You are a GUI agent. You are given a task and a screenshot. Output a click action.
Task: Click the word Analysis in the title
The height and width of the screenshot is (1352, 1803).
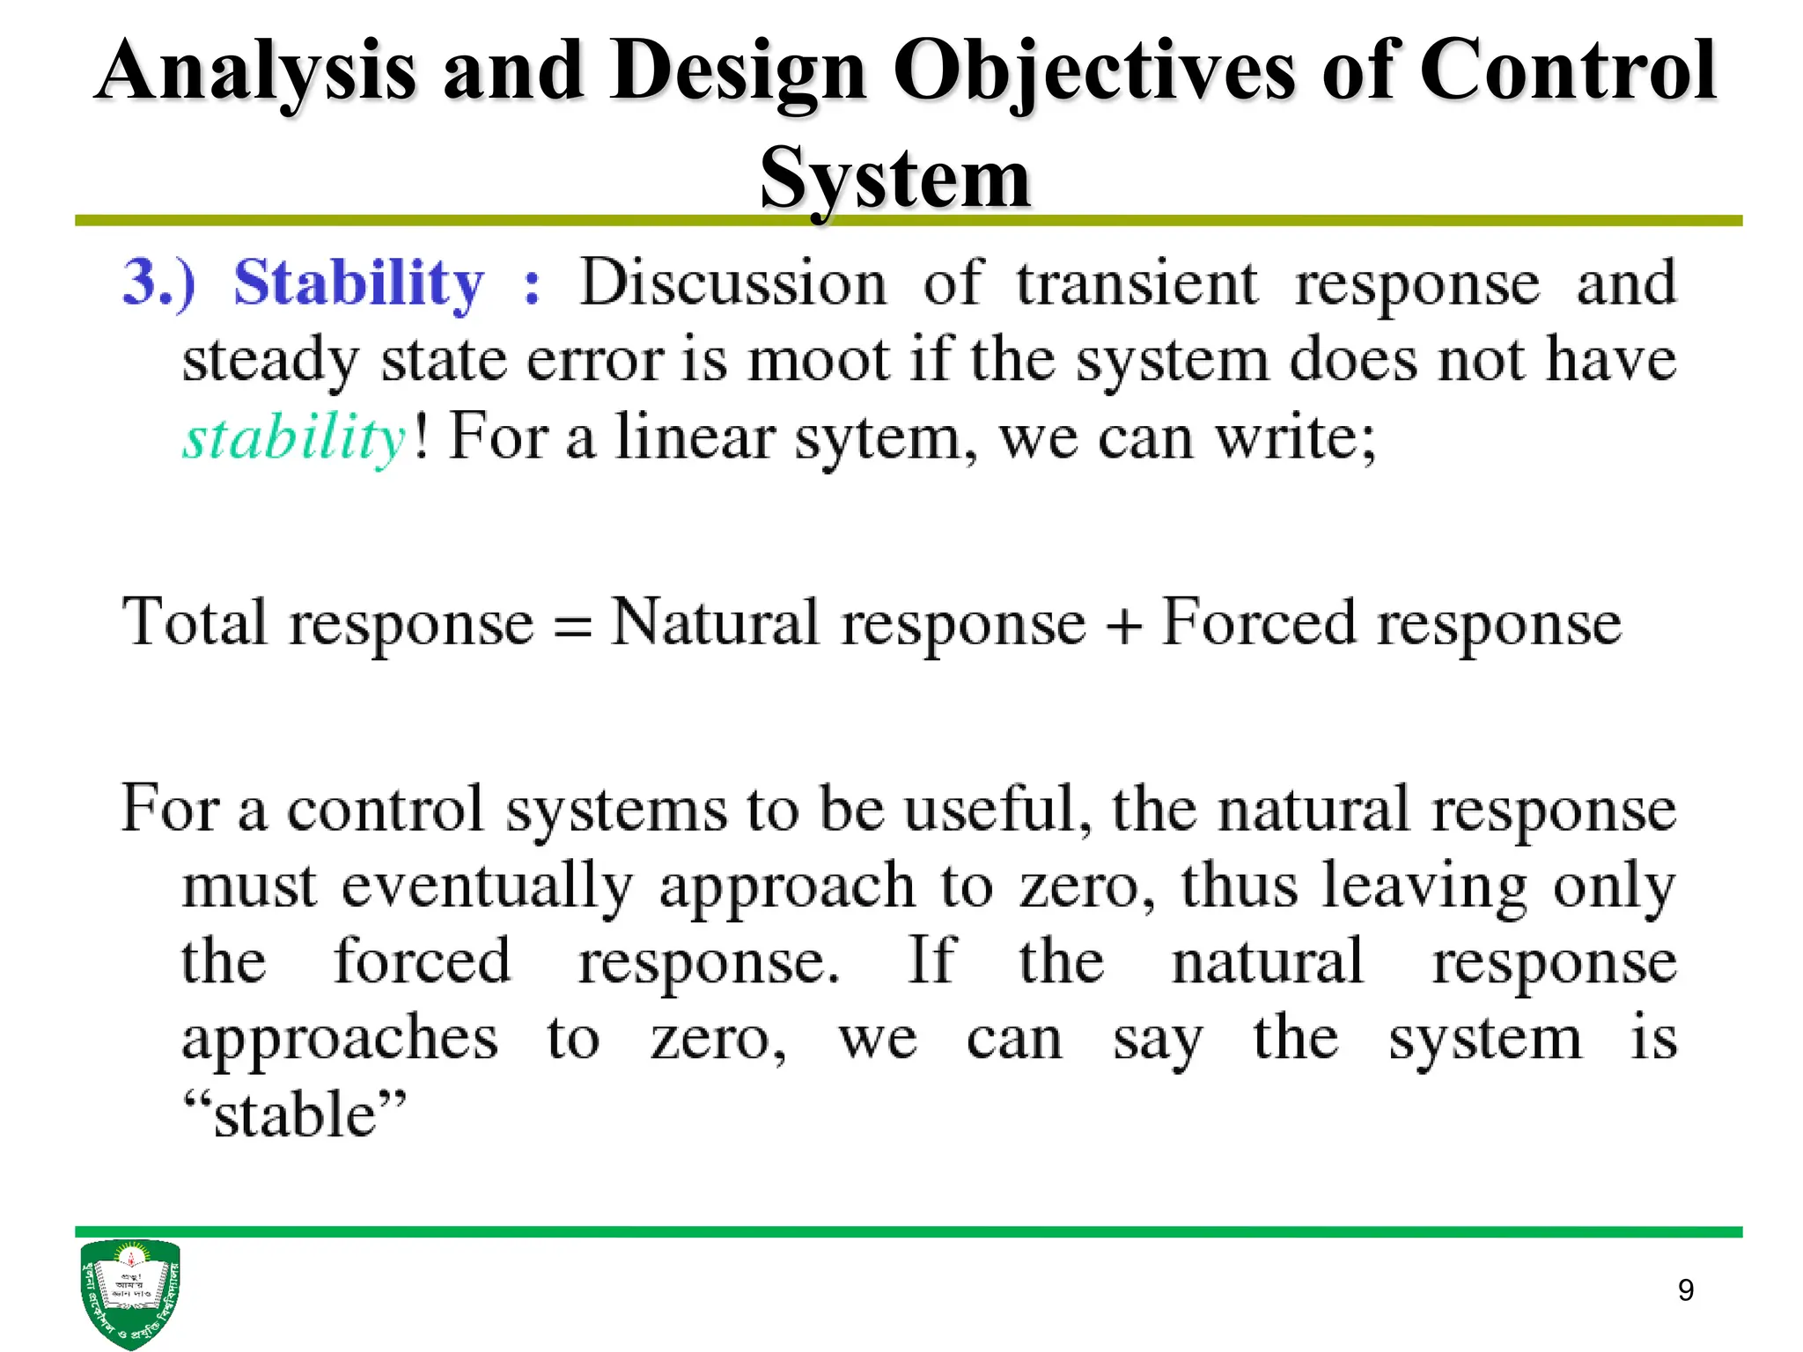coord(255,72)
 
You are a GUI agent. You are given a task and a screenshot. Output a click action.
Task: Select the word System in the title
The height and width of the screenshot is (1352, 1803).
coord(894,179)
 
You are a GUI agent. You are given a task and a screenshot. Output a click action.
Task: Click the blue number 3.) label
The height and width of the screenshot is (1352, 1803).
coord(159,283)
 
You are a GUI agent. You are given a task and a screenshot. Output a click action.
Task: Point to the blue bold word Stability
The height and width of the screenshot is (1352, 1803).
coord(358,283)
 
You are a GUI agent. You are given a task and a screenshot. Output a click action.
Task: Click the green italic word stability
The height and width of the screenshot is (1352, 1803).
coord(294,437)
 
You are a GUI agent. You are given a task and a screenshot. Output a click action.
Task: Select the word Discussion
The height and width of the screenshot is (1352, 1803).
coord(732,283)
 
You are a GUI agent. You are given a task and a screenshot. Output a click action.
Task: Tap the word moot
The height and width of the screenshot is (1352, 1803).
coord(819,361)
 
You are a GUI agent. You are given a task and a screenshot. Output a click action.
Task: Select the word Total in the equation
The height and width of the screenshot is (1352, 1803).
coord(194,622)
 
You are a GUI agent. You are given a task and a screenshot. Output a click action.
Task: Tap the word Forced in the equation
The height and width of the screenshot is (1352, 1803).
coord(1258,622)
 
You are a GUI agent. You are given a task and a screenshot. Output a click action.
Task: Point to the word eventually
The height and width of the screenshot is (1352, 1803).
coord(487,885)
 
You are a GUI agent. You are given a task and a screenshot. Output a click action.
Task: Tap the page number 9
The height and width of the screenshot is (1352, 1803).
coord(1685,1290)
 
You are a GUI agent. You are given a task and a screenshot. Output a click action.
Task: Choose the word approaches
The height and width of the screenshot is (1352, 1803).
coord(340,1039)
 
